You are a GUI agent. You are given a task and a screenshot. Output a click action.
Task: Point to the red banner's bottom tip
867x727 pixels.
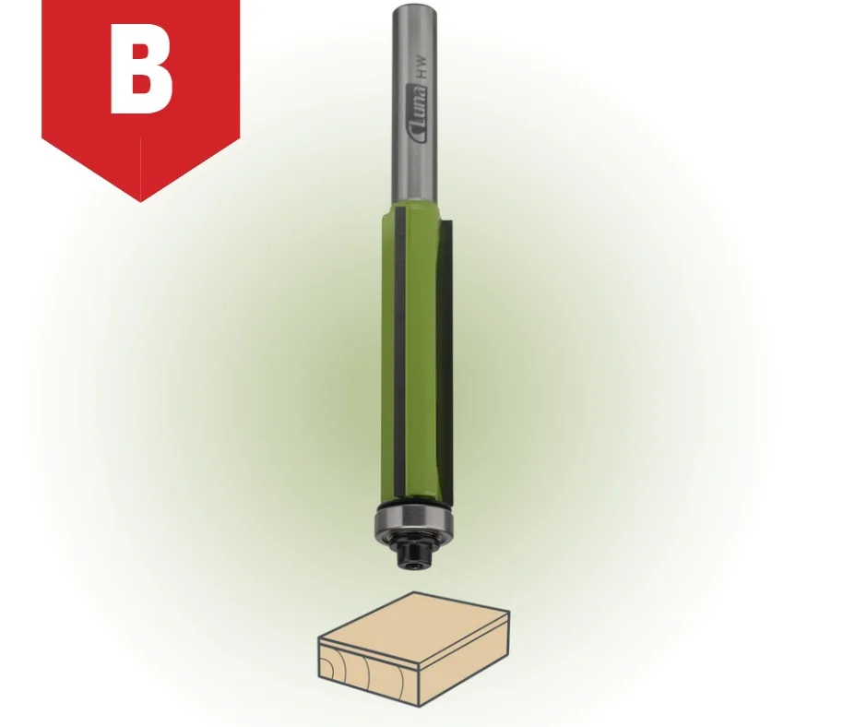click(140, 201)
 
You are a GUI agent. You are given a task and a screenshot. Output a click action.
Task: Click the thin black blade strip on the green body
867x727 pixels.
click(398, 354)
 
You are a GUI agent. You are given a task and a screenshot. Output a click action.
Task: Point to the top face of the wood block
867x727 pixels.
click(415, 620)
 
